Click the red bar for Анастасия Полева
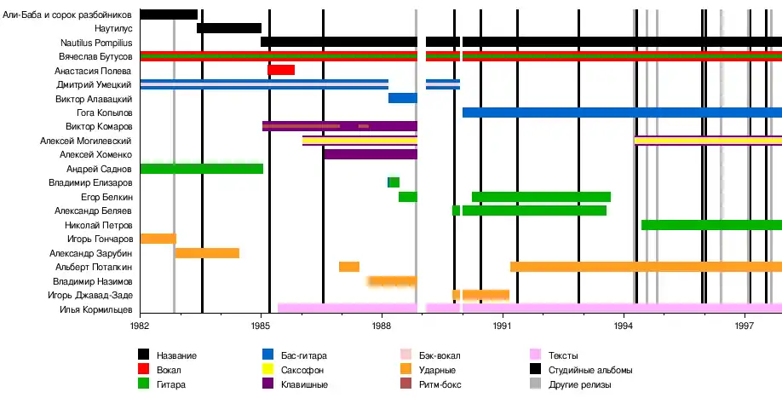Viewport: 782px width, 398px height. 281,70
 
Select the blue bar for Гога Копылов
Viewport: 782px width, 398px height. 622,112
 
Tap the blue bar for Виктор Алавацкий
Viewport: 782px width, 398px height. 402,98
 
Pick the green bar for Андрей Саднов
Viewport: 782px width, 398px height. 201,169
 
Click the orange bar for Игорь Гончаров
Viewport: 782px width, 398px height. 158,239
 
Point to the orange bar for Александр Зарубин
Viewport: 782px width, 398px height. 207,253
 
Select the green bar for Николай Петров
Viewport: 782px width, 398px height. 711,225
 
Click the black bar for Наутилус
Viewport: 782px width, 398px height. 228,28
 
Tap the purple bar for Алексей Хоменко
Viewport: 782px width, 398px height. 371,154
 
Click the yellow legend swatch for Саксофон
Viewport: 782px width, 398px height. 268,370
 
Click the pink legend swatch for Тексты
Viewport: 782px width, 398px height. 536,355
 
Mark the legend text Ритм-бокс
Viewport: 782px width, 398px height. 440,384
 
